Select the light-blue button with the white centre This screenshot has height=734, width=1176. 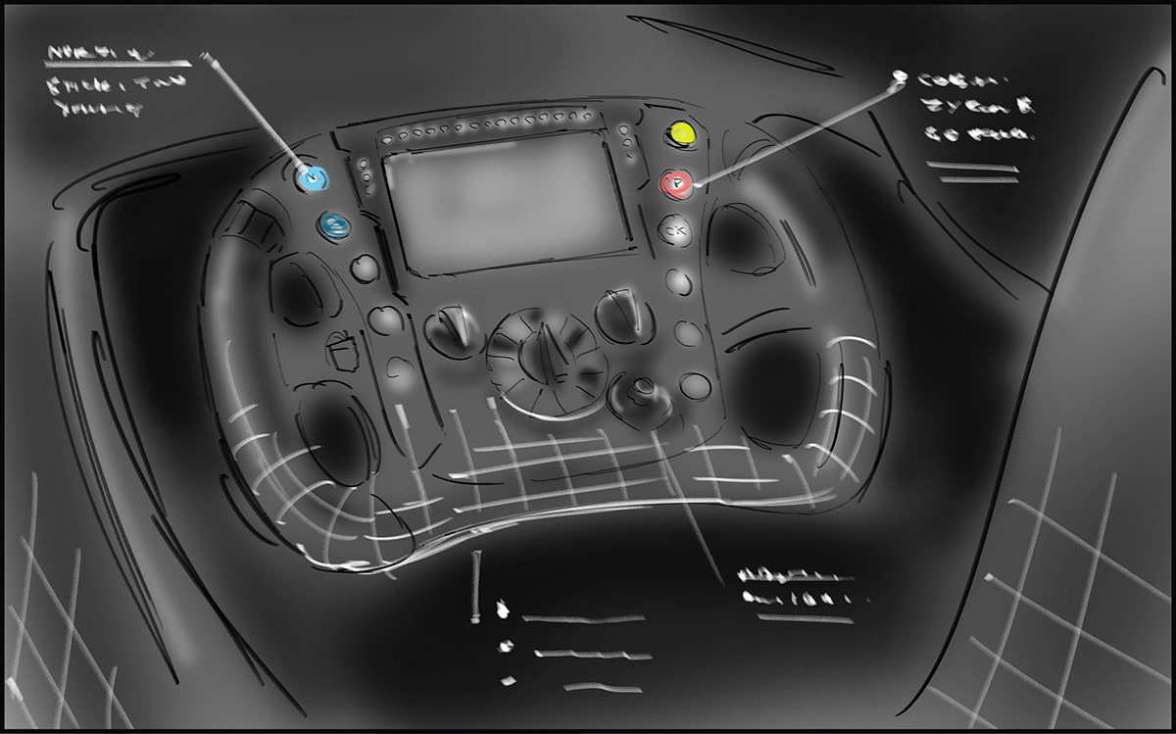click(313, 177)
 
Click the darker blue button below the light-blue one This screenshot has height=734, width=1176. click(334, 226)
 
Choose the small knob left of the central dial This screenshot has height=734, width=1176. click(454, 328)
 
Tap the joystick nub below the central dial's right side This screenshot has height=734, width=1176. click(642, 396)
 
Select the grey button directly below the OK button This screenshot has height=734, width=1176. click(678, 282)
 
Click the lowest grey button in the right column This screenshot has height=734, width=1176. click(695, 385)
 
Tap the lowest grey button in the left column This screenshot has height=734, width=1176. click(401, 369)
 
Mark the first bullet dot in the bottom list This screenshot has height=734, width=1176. click(504, 611)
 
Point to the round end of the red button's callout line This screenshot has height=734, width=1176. click(896, 76)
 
